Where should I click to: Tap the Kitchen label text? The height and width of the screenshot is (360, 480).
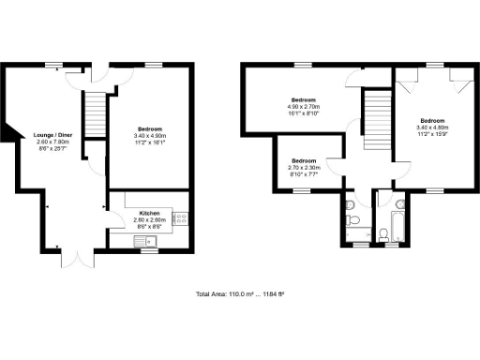[x=149, y=213]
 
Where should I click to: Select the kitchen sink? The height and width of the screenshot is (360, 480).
[x=148, y=240]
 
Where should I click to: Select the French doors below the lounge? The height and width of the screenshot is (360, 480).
[x=72, y=255]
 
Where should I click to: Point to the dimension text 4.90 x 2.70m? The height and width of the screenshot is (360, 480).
[x=304, y=107]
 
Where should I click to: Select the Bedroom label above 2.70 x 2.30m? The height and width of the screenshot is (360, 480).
[x=304, y=159]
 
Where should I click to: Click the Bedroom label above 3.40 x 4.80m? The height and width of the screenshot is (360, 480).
[x=432, y=121]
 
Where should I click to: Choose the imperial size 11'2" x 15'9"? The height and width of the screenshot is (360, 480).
[x=432, y=134]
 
